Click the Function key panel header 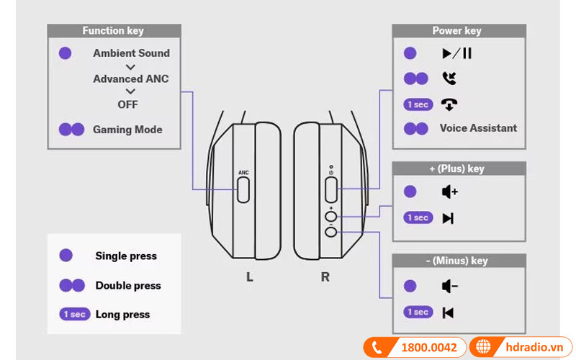click(x=113, y=31)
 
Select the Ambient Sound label click(x=131, y=53)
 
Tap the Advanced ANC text click(x=130, y=78)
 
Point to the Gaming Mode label click(x=127, y=130)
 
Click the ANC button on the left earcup click(x=243, y=189)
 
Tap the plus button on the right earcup click(x=331, y=215)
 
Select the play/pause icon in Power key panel click(x=456, y=53)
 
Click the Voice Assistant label click(x=478, y=128)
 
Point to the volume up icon click(x=450, y=192)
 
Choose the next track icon click(x=448, y=218)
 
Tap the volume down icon click(x=450, y=287)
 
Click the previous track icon click(x=448, y=312)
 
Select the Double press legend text click(x=128, y=286)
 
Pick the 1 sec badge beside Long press click(x=74, y=315)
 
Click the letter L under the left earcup click(x=249, y=276)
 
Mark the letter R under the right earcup click(x=325, y=276)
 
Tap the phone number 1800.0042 click(x=428, y=347)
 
